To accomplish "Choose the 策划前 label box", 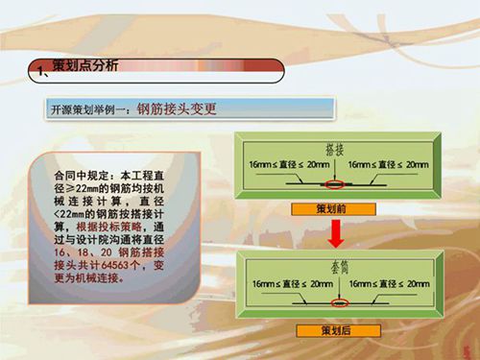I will coord(333,208).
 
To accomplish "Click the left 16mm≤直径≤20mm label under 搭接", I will coord(285,165).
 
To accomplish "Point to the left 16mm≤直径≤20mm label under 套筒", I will coord(285,285).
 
